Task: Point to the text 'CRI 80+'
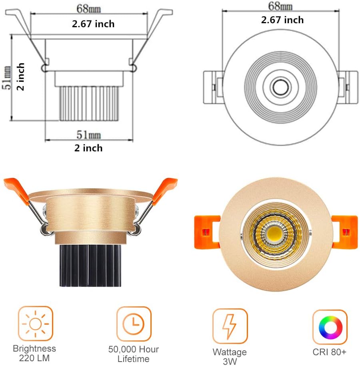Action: (330, 352)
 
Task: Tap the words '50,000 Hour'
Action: (134, 349)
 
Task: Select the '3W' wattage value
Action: (230, 361)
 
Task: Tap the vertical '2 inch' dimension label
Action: (21, 76)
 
